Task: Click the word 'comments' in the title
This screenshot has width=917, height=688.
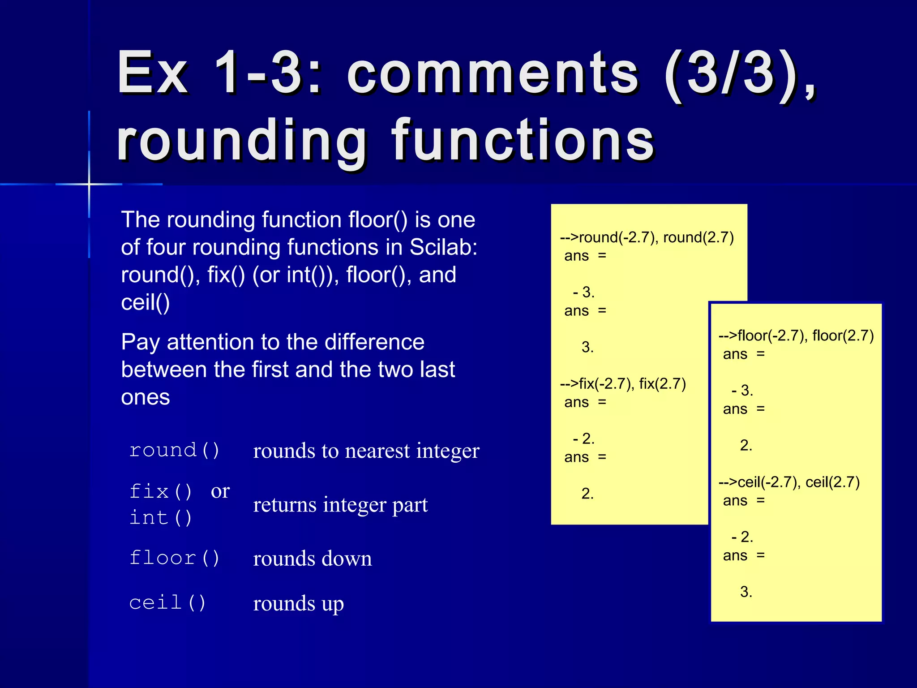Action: click(493, 74)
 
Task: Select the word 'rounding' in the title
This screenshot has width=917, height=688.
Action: click(242, 141)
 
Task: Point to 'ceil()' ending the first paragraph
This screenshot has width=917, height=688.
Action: click(146, 302)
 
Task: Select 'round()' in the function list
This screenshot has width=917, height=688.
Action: click(174, 450)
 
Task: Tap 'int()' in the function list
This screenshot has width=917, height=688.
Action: click(160, 518)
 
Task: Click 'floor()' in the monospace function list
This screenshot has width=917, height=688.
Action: click(174, 558)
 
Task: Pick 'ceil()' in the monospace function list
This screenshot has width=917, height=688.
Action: click(167, 603)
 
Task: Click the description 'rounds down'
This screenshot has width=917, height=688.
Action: click(312, 559)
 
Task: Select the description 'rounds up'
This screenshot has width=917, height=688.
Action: click(298, 604)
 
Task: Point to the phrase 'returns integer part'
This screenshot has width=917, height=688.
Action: click(340, 505)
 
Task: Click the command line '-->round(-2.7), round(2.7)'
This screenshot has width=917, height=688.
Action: click(647, 237)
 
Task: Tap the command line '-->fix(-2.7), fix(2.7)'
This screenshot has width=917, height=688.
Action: click(623, 384)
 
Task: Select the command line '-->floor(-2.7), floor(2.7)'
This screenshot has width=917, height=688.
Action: click(796, 335)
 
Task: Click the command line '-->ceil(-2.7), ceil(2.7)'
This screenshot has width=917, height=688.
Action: click(789, 482)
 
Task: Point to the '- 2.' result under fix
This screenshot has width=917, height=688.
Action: click(584, 439)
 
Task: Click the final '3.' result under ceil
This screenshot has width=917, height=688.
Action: click(746, 592)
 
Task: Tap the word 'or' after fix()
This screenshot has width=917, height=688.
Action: click(220, 491)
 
